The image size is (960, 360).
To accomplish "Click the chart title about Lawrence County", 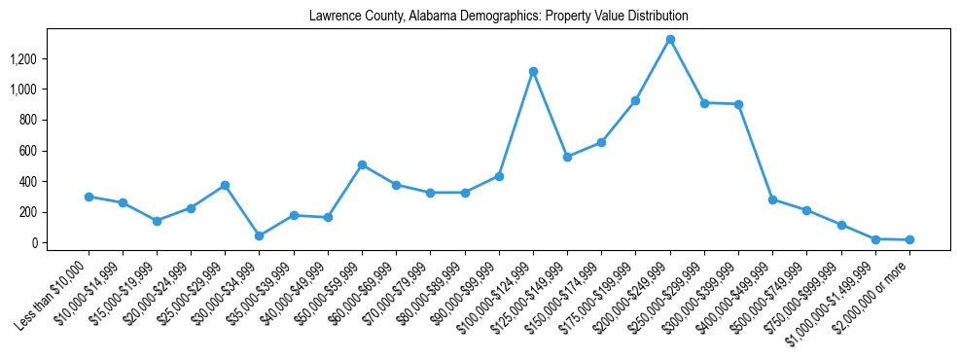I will (498, 17).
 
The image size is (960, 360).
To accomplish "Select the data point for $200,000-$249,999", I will (670, 40).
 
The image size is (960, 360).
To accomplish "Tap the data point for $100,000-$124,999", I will (533, 71).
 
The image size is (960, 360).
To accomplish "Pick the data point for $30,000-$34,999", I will (259, 235).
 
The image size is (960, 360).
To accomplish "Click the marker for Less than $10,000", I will (89, 197).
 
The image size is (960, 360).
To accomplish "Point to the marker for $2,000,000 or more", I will (909, 239).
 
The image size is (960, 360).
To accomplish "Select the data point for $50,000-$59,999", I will (362, 165).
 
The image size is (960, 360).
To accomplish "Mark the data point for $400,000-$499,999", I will (772, 199).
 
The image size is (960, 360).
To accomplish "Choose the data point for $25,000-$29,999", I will (225, 185).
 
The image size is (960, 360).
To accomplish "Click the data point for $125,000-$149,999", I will (567, 157).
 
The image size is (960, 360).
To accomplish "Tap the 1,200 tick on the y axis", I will (22, 59).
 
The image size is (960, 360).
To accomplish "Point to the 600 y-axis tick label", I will (27, 151).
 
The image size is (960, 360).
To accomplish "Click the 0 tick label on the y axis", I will (33, 242).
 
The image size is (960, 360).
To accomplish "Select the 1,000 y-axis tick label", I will (22, 90).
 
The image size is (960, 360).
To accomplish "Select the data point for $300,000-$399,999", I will (738, 104).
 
